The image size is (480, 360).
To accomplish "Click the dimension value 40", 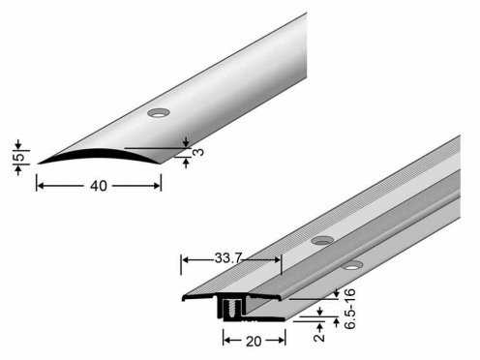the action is (x=99, y=186).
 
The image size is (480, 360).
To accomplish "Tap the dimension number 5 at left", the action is (x=20, y=157).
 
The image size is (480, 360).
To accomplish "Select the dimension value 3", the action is (x=200, y=151).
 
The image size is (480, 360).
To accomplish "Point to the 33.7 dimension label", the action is (x=228, y=257).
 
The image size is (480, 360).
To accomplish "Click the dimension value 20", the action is (x=254, y=342).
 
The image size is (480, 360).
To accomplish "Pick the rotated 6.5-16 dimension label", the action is (x=349, y=309).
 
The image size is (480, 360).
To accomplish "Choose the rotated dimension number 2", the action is (x=319, y=337).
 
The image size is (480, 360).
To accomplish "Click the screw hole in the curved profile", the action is (x=159, y=113).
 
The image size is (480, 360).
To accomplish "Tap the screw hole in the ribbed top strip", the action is (x=322, y=240).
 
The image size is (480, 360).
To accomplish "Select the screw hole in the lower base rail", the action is (x=352, y=265).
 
